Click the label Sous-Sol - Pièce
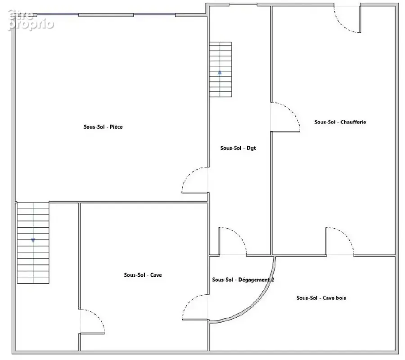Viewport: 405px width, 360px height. pos(103,127)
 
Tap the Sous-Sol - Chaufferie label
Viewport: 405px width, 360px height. pos(340,122)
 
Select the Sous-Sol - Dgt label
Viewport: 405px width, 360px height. pos(238,148)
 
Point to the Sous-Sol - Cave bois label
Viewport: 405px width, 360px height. pos(321,298)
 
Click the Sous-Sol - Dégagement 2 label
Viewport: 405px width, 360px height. pos(243,280)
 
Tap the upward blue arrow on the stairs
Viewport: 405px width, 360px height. pos(220,73)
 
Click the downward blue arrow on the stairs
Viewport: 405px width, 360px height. pos(33,240)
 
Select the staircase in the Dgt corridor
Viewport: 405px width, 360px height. pos(220,69)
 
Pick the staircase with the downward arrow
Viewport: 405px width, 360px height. pos(33,243)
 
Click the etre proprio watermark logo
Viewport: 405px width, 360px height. pos(31,20)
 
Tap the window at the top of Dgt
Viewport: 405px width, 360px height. pos(243,4)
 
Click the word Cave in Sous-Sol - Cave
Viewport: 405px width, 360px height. pos(156,275)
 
